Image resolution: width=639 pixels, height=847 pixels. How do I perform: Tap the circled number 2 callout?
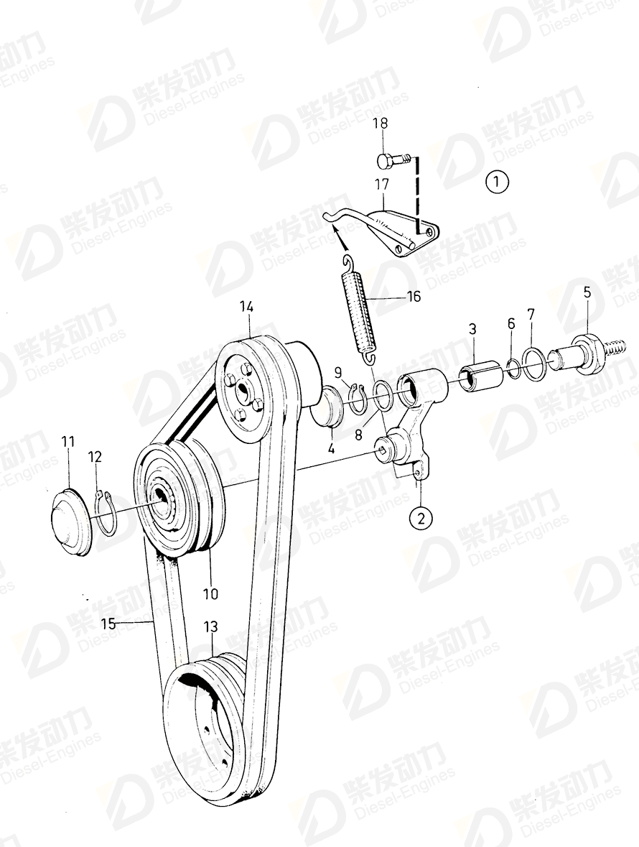[x=420, y=516]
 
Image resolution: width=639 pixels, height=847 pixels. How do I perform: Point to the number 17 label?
[x=381, y=185]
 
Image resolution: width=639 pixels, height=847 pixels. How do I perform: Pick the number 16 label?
[x=414, y=296]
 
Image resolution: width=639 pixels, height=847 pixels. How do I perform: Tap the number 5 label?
[x=587, y=292]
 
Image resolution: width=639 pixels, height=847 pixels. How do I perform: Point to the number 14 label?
[x=246, y=307]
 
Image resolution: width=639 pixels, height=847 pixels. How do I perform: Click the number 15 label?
[x=108, y=624]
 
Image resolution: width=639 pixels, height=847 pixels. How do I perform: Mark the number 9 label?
[x=339, y=372]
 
